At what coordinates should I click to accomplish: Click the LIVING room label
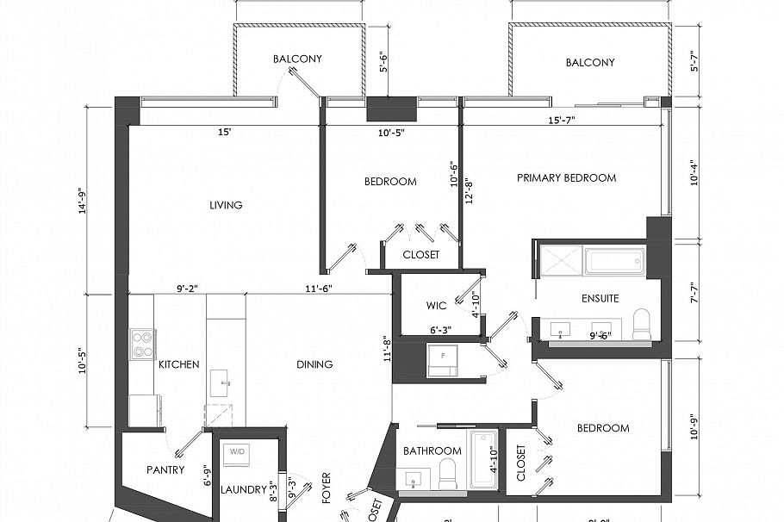[x=226, y=205]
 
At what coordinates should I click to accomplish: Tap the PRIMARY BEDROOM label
[x=566, y=178]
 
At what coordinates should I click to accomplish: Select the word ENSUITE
[x=600, y=298]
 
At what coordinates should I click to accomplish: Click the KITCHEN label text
[x=178, y=364]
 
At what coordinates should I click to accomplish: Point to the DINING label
[x=314, y=364]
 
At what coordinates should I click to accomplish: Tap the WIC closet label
[x=436, y=306]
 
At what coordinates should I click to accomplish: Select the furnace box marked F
[x=443, y=357]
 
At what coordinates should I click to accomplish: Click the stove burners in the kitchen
[x=141, y=344]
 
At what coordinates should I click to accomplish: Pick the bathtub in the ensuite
[x=614, y=260]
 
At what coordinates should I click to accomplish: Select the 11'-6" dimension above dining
[x=317, y=289]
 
